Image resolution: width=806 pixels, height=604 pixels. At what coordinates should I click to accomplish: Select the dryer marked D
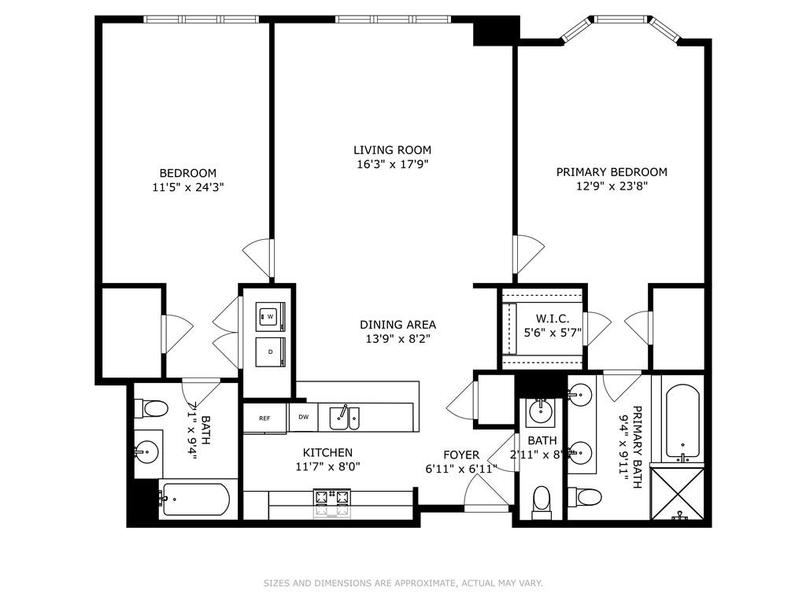(x=269, y=352)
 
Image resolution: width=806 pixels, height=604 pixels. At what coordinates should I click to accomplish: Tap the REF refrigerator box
(x=265, y=418)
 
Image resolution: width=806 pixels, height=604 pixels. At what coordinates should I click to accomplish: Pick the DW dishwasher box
(x=303, y=418)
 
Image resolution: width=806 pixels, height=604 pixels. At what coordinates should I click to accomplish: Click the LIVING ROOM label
(x=392, y=150)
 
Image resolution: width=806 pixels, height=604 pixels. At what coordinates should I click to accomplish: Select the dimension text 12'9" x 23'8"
(x=612, y=186)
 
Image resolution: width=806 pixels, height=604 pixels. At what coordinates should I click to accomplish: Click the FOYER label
(x=461, y=455)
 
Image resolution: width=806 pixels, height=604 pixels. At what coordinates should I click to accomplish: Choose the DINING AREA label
(x=397, y=325)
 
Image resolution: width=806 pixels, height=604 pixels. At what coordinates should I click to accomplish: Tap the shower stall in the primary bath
(x=682, y=495)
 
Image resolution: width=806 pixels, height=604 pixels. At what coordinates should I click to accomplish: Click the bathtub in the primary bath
(x=682, y=422)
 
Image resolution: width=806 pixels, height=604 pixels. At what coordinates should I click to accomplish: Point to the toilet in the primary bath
(x=586, y=497)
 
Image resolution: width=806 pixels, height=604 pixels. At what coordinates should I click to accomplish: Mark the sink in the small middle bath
(x=541, y=409)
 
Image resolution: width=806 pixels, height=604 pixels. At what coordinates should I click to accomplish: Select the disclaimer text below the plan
(x=402, y=584)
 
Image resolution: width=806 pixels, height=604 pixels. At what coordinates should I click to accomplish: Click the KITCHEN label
(x=327, y=452)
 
